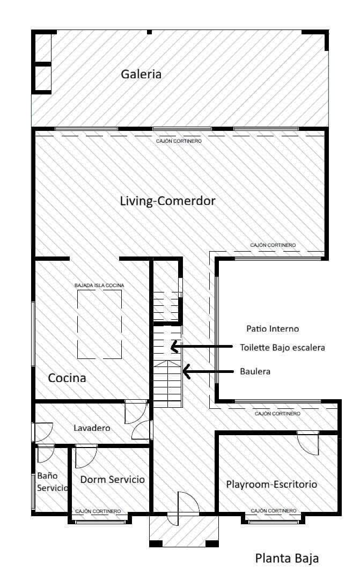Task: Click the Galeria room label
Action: (x=141, y=74)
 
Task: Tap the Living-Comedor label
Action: (x=167, y=201)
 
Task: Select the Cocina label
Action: (x=67, y=378)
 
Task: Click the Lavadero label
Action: (x=92, y=428)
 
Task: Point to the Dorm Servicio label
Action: (x=112, y=479)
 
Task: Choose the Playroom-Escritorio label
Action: (x=271, y=485)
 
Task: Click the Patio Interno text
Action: (x=273, y=328)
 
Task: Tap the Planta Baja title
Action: (x=286, y=558)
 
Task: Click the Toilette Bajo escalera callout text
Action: (x=282, y=348)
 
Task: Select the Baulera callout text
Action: (x=255, y=371)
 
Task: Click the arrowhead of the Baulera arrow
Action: (x=186, y=371)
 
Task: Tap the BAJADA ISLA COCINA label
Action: (x=99, y=285)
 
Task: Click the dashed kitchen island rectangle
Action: (x=99, y=324)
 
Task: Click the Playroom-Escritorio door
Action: (x=308, y=443)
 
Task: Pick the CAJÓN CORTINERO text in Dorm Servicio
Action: (x=98, y=511)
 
